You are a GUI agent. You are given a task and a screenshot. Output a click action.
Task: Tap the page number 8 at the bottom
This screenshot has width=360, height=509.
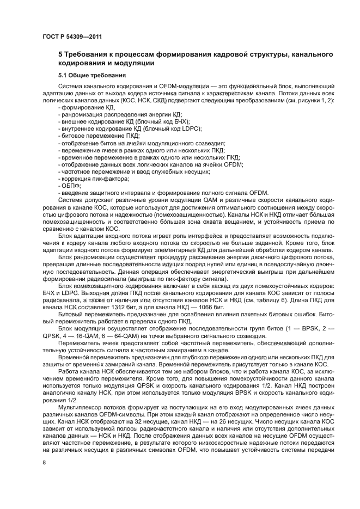(x=44, y=462)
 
